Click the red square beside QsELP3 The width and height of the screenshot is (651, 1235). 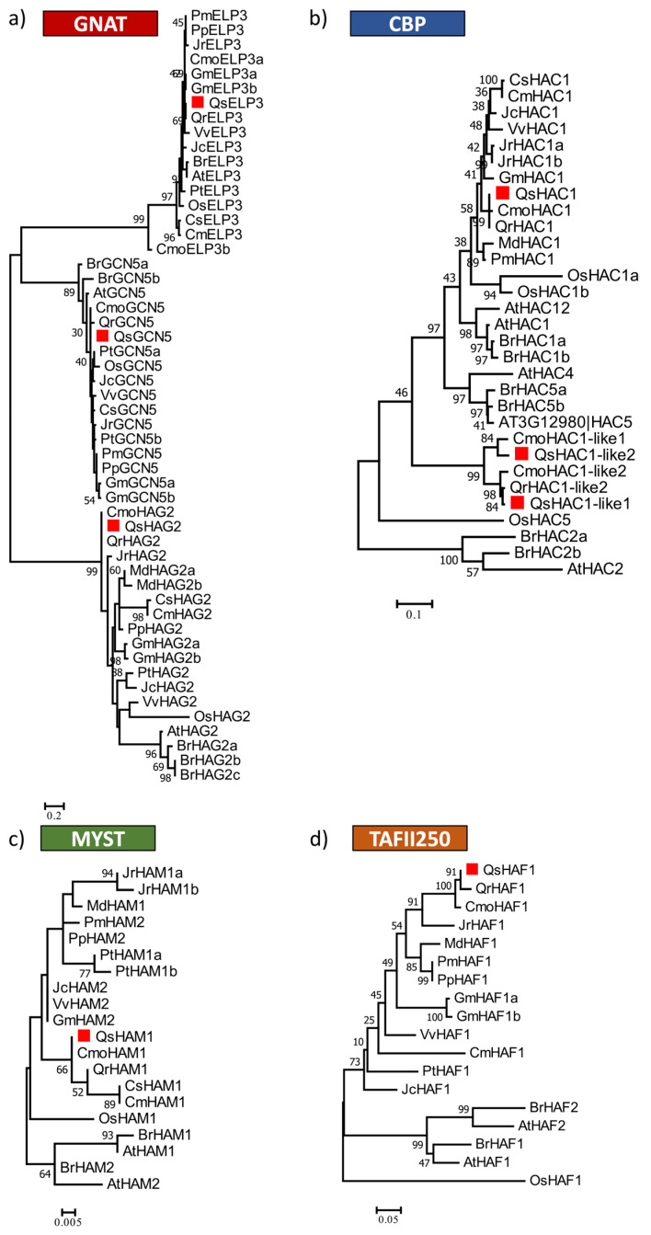(x=198, y=103)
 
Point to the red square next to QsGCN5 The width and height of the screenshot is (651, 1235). (x=102, y=337)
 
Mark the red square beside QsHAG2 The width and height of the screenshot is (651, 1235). (x=113, y=524)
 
